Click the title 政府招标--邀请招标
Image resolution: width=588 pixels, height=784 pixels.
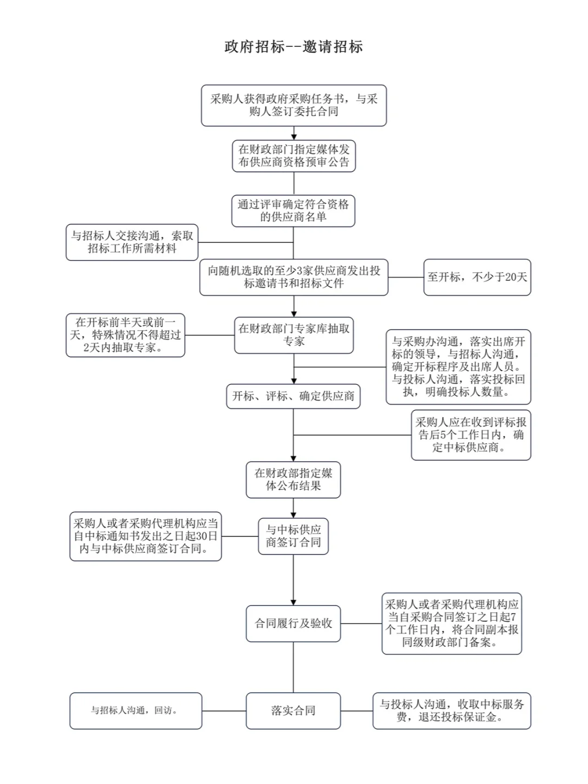click(x=293, y=47)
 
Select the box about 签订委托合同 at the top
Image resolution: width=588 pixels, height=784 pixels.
click(x=293, y=106)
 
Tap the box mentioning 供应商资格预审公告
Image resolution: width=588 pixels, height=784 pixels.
click(x=293, y=156)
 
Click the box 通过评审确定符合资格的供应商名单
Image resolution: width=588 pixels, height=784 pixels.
click(x=293, y=211)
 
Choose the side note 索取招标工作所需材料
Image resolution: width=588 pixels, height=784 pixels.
click(x=132, y=242)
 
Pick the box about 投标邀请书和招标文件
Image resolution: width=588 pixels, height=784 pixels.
click(x=293, y=277)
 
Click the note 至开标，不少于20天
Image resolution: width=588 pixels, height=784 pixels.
click(x=477, y=277)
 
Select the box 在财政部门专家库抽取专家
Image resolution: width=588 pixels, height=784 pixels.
click(x=293, y=335)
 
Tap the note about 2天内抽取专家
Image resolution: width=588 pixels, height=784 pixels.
click(x=125, y=335)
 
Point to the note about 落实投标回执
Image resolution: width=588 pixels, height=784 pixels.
click(x=458, y=367)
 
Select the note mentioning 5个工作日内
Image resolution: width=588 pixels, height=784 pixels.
click(x=470, y=435)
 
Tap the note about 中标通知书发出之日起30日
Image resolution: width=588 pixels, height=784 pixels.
click(x=145, y=536)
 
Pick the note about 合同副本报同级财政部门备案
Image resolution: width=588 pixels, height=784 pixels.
click(x=451, y=623)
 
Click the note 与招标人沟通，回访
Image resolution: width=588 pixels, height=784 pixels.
click(x=136, y=710)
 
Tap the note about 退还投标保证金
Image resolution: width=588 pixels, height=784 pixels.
click(x=451, y=710)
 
